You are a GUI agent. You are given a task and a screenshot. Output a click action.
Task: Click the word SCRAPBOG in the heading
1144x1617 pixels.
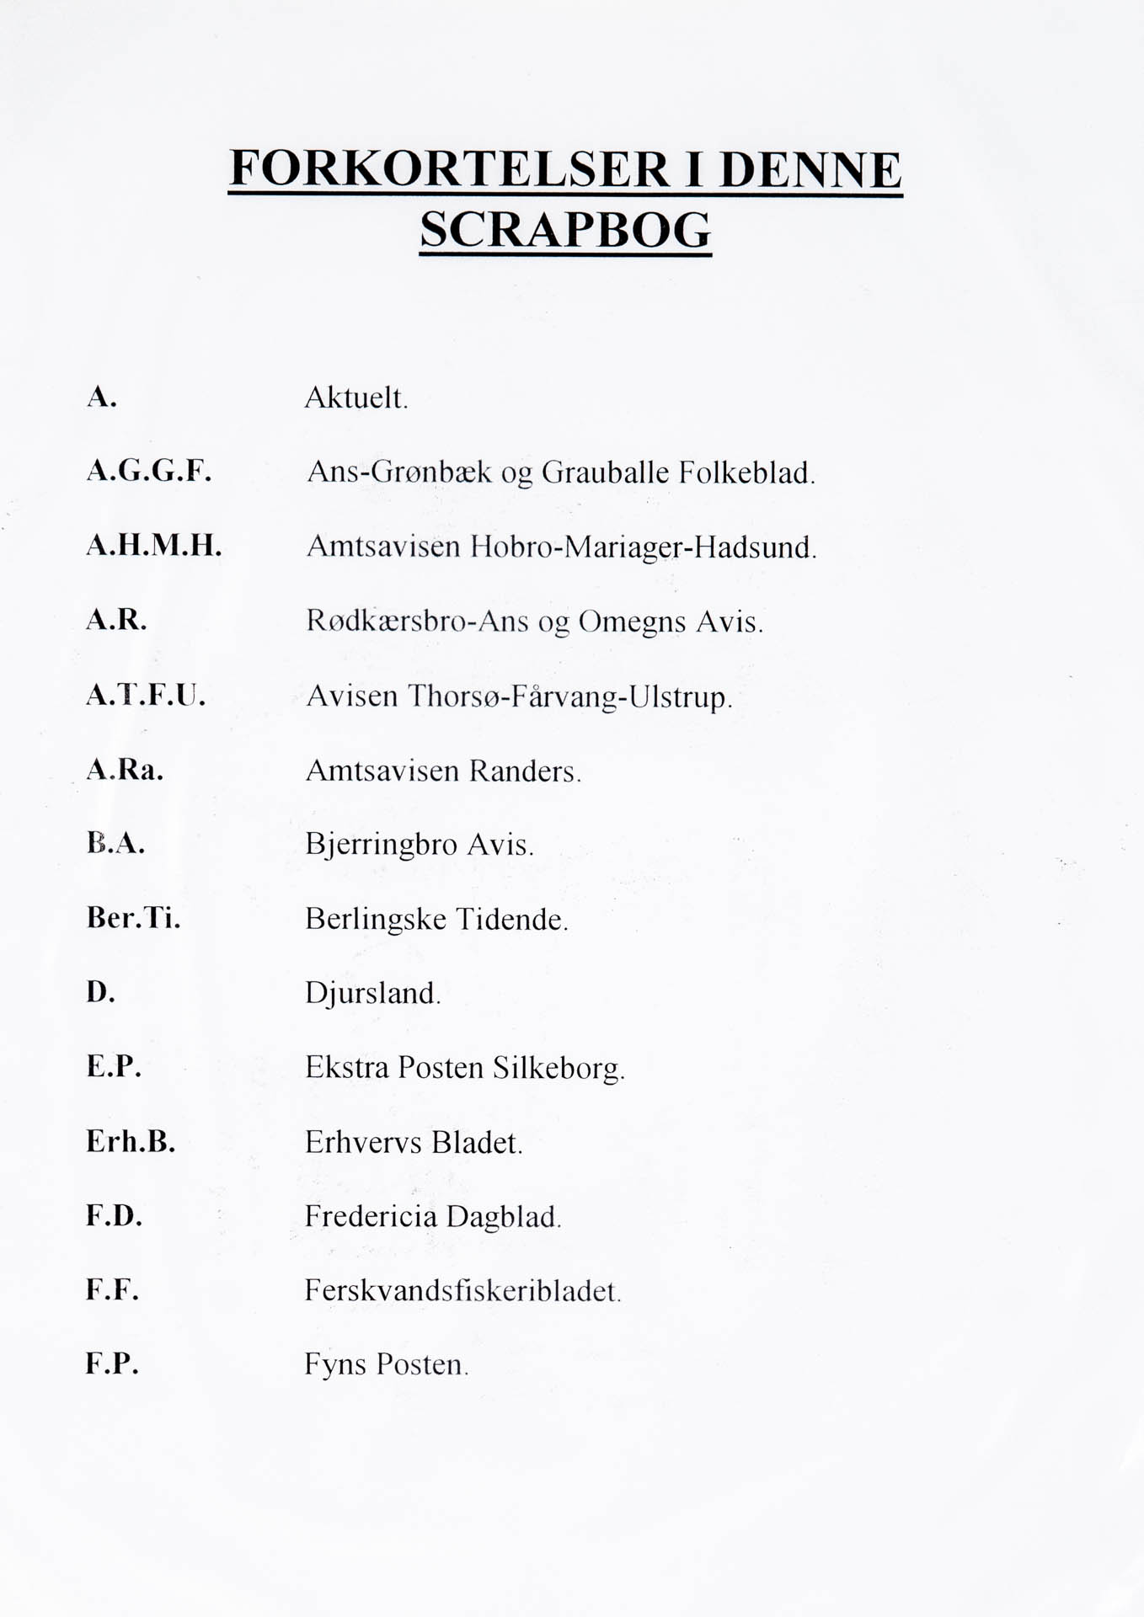tap(565, 229)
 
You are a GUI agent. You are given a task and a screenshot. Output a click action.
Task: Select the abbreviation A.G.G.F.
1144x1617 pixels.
tap(149, 471)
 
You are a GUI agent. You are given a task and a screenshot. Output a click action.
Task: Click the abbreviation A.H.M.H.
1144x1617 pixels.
tap(154, 546)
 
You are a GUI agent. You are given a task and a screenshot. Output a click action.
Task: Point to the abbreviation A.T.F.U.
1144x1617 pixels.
tap(146, 695)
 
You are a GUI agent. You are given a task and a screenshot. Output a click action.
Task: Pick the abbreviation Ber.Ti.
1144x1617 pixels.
tap(133, 917)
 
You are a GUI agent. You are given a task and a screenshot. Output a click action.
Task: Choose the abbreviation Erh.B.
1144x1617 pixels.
tap(131, 1141)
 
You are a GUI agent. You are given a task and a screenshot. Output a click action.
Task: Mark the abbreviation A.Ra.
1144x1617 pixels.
tap(125, 769)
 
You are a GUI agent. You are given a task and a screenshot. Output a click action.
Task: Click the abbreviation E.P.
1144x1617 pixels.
tap(114, 1066)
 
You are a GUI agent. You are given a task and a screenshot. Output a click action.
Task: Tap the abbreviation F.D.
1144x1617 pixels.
tap(114, 1215)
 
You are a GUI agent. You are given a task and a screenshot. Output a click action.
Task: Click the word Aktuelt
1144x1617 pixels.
tap(355, 398)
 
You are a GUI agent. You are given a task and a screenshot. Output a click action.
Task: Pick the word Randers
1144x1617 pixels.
tap(525, 771)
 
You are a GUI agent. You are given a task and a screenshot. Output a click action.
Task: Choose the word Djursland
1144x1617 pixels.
tap(372, 994)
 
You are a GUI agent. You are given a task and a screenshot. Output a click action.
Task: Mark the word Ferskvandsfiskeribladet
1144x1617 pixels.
tap(462, 1290)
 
